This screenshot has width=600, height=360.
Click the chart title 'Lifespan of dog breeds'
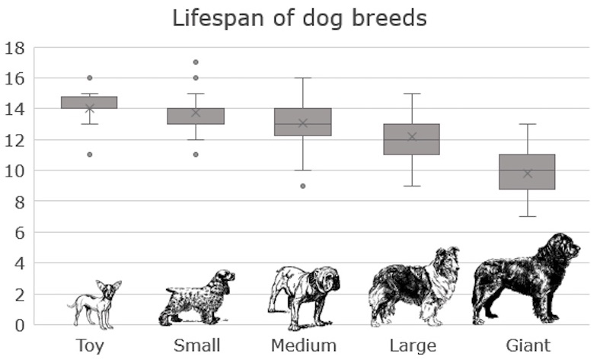299,18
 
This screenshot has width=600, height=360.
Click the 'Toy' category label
89,346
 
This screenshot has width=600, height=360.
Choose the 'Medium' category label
304,346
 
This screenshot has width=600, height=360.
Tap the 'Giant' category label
528,346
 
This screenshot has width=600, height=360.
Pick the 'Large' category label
413,346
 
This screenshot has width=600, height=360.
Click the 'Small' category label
196,346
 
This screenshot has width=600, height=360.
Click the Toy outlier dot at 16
89,78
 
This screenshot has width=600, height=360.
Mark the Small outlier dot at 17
196,62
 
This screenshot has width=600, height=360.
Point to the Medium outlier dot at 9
304,186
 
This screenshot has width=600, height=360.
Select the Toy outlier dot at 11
89,155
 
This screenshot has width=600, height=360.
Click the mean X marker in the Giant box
528,174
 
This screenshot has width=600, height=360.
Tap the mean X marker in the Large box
412,137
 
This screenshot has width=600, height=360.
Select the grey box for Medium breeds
304,122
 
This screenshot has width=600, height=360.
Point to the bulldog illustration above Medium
304,295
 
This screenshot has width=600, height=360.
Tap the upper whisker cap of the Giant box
528,124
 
